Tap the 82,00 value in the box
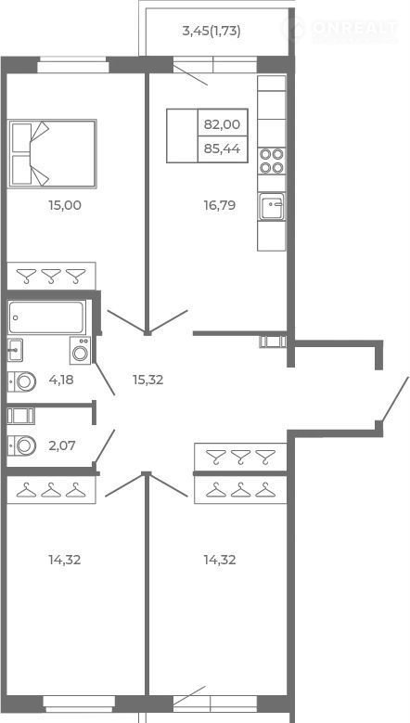pos(222,124)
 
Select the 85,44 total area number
pos(222,148)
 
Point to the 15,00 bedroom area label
pos(65,205)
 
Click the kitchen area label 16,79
pos(220,205)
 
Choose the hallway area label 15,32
pos(147,380)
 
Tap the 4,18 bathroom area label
pos(61,380)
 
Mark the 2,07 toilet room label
pos(62,445)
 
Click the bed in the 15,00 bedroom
pos(53,153)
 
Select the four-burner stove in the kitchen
pos(272,161)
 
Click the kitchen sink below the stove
pos(272,206)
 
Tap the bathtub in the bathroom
pos(47,317)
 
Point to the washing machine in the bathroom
pos(81,351)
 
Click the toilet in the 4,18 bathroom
pos(21,381)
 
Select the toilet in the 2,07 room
pos(21,445)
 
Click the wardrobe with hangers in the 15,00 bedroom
pos(52,277)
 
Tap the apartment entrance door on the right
pos(395,399)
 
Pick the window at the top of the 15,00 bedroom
pos(72,65)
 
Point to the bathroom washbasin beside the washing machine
pos(15,350)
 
